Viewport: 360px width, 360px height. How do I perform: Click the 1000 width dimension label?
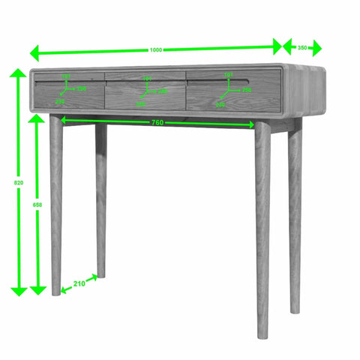coord(155,49)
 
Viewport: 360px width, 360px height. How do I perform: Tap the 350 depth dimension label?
coord(301,47)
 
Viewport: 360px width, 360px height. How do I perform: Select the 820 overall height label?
coord(7,182)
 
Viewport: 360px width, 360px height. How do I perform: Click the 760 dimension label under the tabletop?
coord(157,122)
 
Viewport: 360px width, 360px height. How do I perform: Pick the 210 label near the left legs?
coord(79,283)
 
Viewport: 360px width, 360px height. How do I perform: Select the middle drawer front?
coord(145,94)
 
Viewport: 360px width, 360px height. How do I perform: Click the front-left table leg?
coord(55,202)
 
